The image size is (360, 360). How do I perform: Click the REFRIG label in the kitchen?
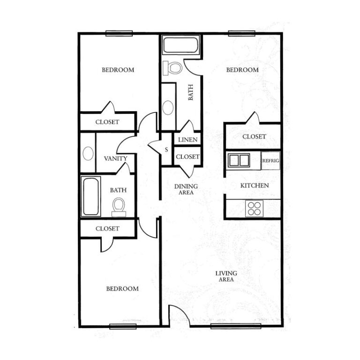click(270, 161)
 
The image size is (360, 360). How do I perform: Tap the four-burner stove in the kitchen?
click(254, 209)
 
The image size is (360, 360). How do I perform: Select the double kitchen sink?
click(239, 160)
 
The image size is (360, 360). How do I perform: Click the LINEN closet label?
click(188, 140)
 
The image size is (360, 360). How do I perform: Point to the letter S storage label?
click(166, 150)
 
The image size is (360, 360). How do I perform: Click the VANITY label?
click(115, 158)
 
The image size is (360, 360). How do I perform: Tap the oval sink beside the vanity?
click(88, 153)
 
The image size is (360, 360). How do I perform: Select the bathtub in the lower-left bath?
click(91, 196)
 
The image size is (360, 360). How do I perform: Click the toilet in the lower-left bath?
click(119, 207)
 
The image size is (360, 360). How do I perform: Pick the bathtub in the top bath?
click(180, 45)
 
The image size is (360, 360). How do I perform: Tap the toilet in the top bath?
click(172, 68)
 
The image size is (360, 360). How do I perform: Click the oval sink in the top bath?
click(168, 108)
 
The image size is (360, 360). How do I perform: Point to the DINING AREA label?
click(186, 189)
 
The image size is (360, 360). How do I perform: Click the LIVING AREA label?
click(226, 276)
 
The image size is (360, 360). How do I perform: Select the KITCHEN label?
click(255, 186)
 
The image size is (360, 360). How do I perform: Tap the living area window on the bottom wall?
click(236, 326)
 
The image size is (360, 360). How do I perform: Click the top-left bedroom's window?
click(119, 33)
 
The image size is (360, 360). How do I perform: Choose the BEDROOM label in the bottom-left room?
click(122, 289)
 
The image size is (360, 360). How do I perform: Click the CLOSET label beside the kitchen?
click(254, 136)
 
